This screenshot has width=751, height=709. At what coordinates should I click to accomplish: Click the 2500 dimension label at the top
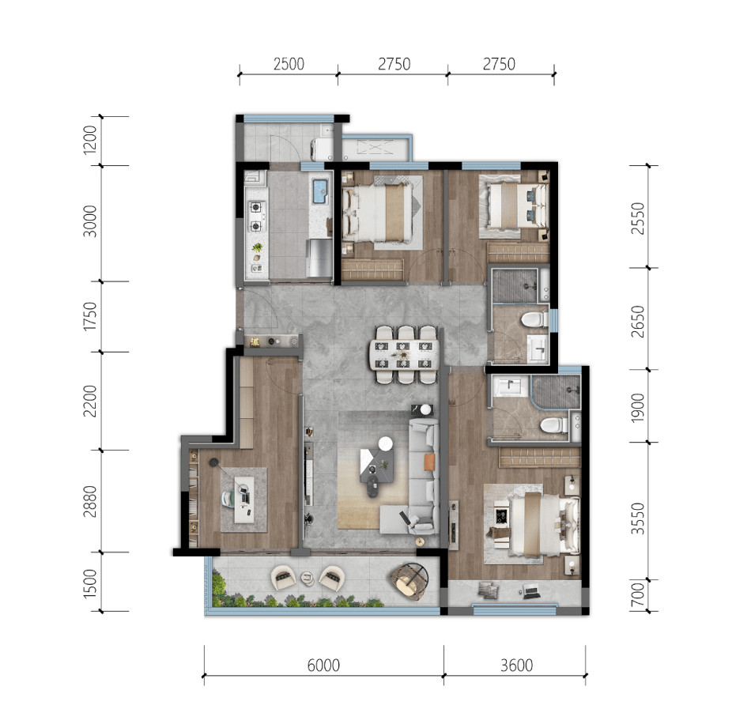coord(289,64)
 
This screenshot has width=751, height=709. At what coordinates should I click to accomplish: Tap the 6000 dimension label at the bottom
coord(324,666)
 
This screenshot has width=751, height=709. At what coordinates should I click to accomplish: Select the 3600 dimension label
coord(517,666)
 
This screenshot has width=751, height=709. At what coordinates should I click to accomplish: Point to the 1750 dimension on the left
coord(90,316)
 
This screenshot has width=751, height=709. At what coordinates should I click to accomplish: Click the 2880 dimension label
coord(90,501)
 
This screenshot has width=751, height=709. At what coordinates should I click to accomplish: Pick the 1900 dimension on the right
coord(638,408)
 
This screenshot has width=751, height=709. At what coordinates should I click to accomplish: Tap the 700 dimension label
coord(638,594)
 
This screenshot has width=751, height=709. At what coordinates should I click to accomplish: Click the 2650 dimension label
coord(638,322)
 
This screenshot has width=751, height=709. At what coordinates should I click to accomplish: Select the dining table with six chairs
coord(404,355)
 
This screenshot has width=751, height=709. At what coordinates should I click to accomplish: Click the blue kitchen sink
coord(319,191)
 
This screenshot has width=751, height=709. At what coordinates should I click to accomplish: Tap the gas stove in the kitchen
coord(256,217)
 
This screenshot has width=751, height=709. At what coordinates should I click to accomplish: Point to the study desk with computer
coord(244,500)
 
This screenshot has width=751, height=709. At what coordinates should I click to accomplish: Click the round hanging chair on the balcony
coord(409,580)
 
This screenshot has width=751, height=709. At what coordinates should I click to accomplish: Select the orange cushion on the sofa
coord(429,462)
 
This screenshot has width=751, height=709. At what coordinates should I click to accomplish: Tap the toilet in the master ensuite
coord(553,425)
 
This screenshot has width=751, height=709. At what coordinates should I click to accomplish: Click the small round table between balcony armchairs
coord(307,579)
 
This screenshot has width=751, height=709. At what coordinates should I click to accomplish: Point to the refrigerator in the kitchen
coord(319,258)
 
